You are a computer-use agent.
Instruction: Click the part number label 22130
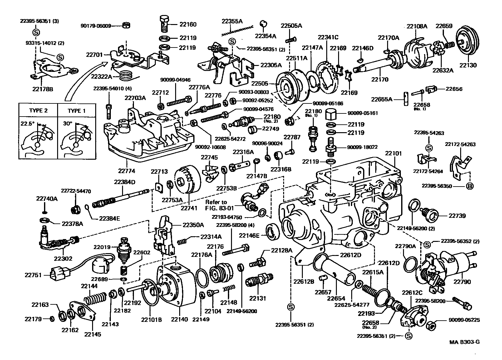[468, 65]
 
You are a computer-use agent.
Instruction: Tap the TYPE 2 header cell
[38, 111]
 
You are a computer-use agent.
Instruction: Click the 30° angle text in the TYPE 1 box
[67, 123]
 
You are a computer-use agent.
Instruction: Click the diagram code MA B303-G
[464, 342]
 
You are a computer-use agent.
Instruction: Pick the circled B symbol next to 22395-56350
[470, 186]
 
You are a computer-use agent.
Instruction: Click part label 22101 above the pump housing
[393, 154]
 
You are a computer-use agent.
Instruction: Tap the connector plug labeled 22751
[58, 275]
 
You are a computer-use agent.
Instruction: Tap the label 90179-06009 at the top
[96, 26]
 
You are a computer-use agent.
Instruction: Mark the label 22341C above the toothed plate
[328, 37]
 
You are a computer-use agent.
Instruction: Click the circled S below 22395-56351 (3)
[36, 32]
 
